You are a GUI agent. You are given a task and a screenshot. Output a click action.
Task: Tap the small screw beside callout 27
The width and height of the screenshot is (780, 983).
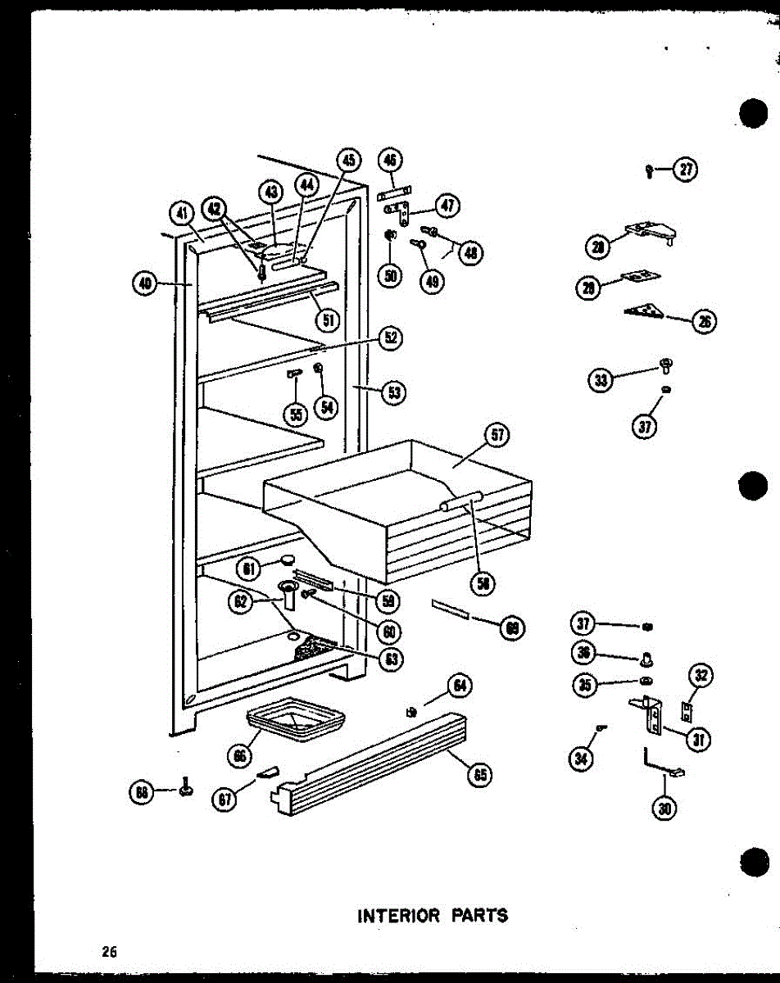tap(649, 171)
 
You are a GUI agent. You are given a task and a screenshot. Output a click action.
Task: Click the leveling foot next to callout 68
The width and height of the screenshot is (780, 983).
tap(186, 790)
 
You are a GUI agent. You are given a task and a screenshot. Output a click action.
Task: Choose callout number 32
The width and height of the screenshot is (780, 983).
tap(701, 676)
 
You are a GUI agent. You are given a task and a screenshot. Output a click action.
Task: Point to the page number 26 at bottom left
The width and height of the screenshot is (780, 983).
tap(110, 952)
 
